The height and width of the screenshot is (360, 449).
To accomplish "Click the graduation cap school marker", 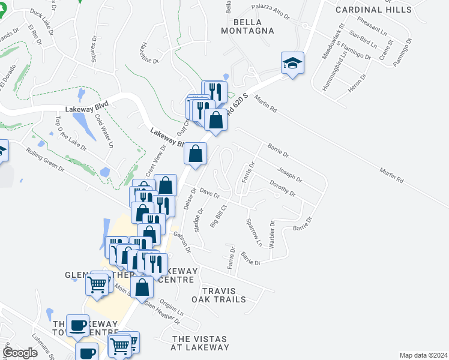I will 292,62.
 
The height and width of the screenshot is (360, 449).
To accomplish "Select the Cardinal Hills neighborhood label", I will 373,10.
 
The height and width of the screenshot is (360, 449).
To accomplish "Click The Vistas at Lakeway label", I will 200,343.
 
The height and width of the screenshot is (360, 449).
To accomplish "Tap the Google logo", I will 20,353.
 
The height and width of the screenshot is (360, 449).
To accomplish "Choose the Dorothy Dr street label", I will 282,188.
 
